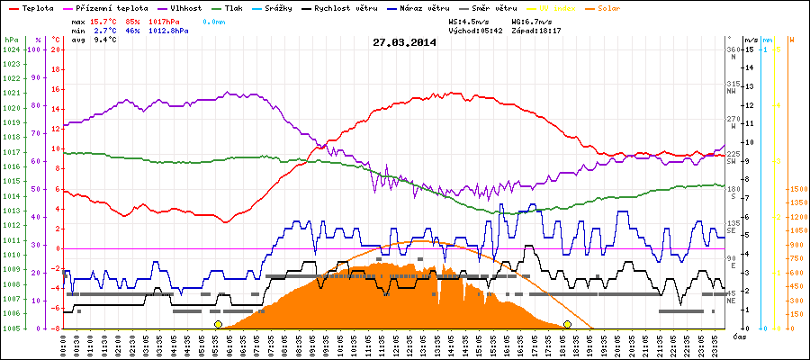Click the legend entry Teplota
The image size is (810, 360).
coord(31,8)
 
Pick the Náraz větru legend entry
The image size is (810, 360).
coord(415,8)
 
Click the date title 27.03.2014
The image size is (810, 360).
coord(403,41)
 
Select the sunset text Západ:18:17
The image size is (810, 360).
coord(535,31)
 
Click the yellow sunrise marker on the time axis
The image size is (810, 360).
coord(218,324)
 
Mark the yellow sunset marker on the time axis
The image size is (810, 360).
coord(567,324)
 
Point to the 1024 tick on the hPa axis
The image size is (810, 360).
coord(10,50)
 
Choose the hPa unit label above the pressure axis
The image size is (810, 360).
coord(10,40)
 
